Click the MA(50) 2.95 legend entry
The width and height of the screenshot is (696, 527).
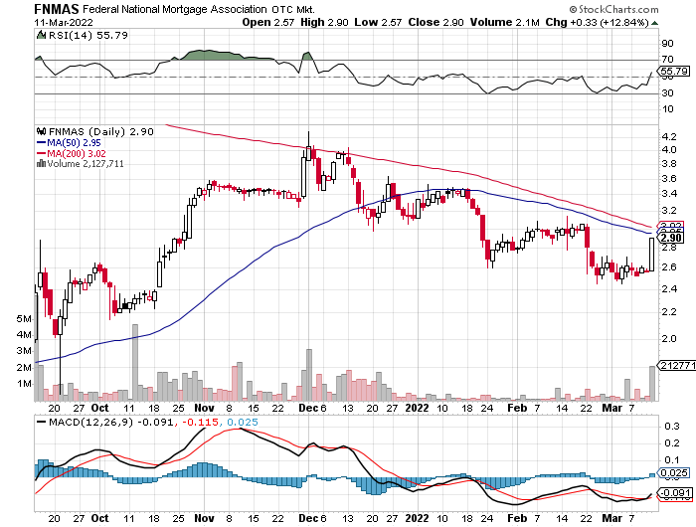[x=68, y=142]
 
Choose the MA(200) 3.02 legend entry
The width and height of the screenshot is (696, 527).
[x=71, y=153]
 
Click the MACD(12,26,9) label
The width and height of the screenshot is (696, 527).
[x=86, y=424]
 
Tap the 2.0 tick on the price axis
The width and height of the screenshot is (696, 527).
[x=667, y=338]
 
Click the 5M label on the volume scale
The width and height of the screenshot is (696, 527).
[x=26, y=318]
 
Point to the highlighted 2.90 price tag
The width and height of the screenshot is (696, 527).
[x=671, y=238]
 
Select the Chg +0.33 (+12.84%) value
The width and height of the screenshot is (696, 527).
[x=648, y=22]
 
